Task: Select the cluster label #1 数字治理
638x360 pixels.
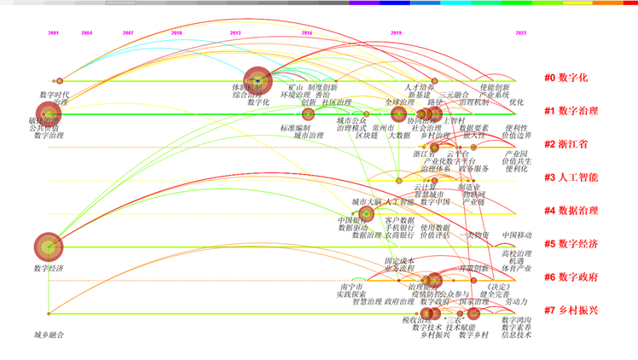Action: [571, 111]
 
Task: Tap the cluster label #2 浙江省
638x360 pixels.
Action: [566, 144]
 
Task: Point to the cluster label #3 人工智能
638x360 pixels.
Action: [571, 177]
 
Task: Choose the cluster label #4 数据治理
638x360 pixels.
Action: [571, 211]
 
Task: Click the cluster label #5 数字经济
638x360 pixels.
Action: [571, 244]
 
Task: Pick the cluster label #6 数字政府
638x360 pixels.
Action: [571, 277]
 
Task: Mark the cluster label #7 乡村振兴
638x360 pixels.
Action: [571, 311]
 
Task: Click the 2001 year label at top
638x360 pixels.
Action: [54, 33]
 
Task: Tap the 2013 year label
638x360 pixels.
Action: [235, 33]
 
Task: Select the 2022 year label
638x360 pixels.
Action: [520, 33]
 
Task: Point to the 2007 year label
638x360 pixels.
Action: [128, 33]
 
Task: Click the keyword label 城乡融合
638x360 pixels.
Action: [49, 334]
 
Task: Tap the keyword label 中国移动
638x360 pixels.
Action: [516, 235]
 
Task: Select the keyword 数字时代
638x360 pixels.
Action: [55, 94]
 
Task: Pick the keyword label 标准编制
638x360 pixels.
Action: [294, 128]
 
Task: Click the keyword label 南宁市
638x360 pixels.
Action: [351, 287]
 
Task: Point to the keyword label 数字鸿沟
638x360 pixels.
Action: [517, 320]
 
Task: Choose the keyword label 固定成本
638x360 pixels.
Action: [399, 261]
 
